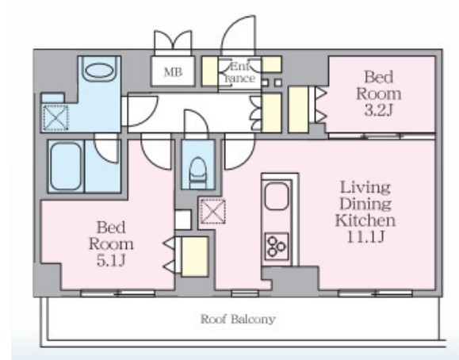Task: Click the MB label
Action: click(x=173, y=72)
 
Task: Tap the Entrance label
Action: click(x=240, y=73)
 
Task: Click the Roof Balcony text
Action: click(x=238, y=319)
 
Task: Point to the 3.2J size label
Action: click(x=378, y=110)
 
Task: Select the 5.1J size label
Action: click(x=111, y=260)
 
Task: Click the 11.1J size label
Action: click(x=365, y=236)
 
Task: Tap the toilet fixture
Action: click(x=198, y=173)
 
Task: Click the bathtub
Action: click(x=66, y=167)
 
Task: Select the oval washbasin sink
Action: click(x=100, y=71)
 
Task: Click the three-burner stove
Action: click(x=277, y=247)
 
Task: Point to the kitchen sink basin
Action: click(x=277, y=196)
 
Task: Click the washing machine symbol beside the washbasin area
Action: click(x=55, y=118)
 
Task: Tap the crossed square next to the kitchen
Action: click(x=212, y=211)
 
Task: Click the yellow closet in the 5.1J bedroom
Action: click(x=195, y=257)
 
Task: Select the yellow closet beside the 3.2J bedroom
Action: click(x=298, y=110)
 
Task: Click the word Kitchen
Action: click(x=365, y=220)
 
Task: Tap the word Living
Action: click(x=365, y=187)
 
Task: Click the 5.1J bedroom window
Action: click(x=117, y=293)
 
